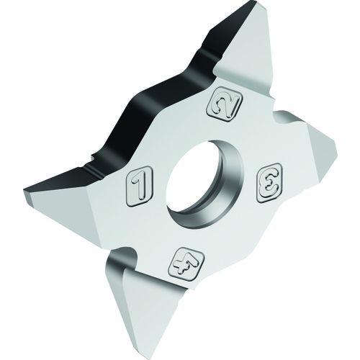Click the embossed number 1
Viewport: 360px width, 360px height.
[x=140, y=186]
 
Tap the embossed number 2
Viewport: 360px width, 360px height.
[x=224, y=104]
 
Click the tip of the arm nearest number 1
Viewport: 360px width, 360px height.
[x=24, y=192]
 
